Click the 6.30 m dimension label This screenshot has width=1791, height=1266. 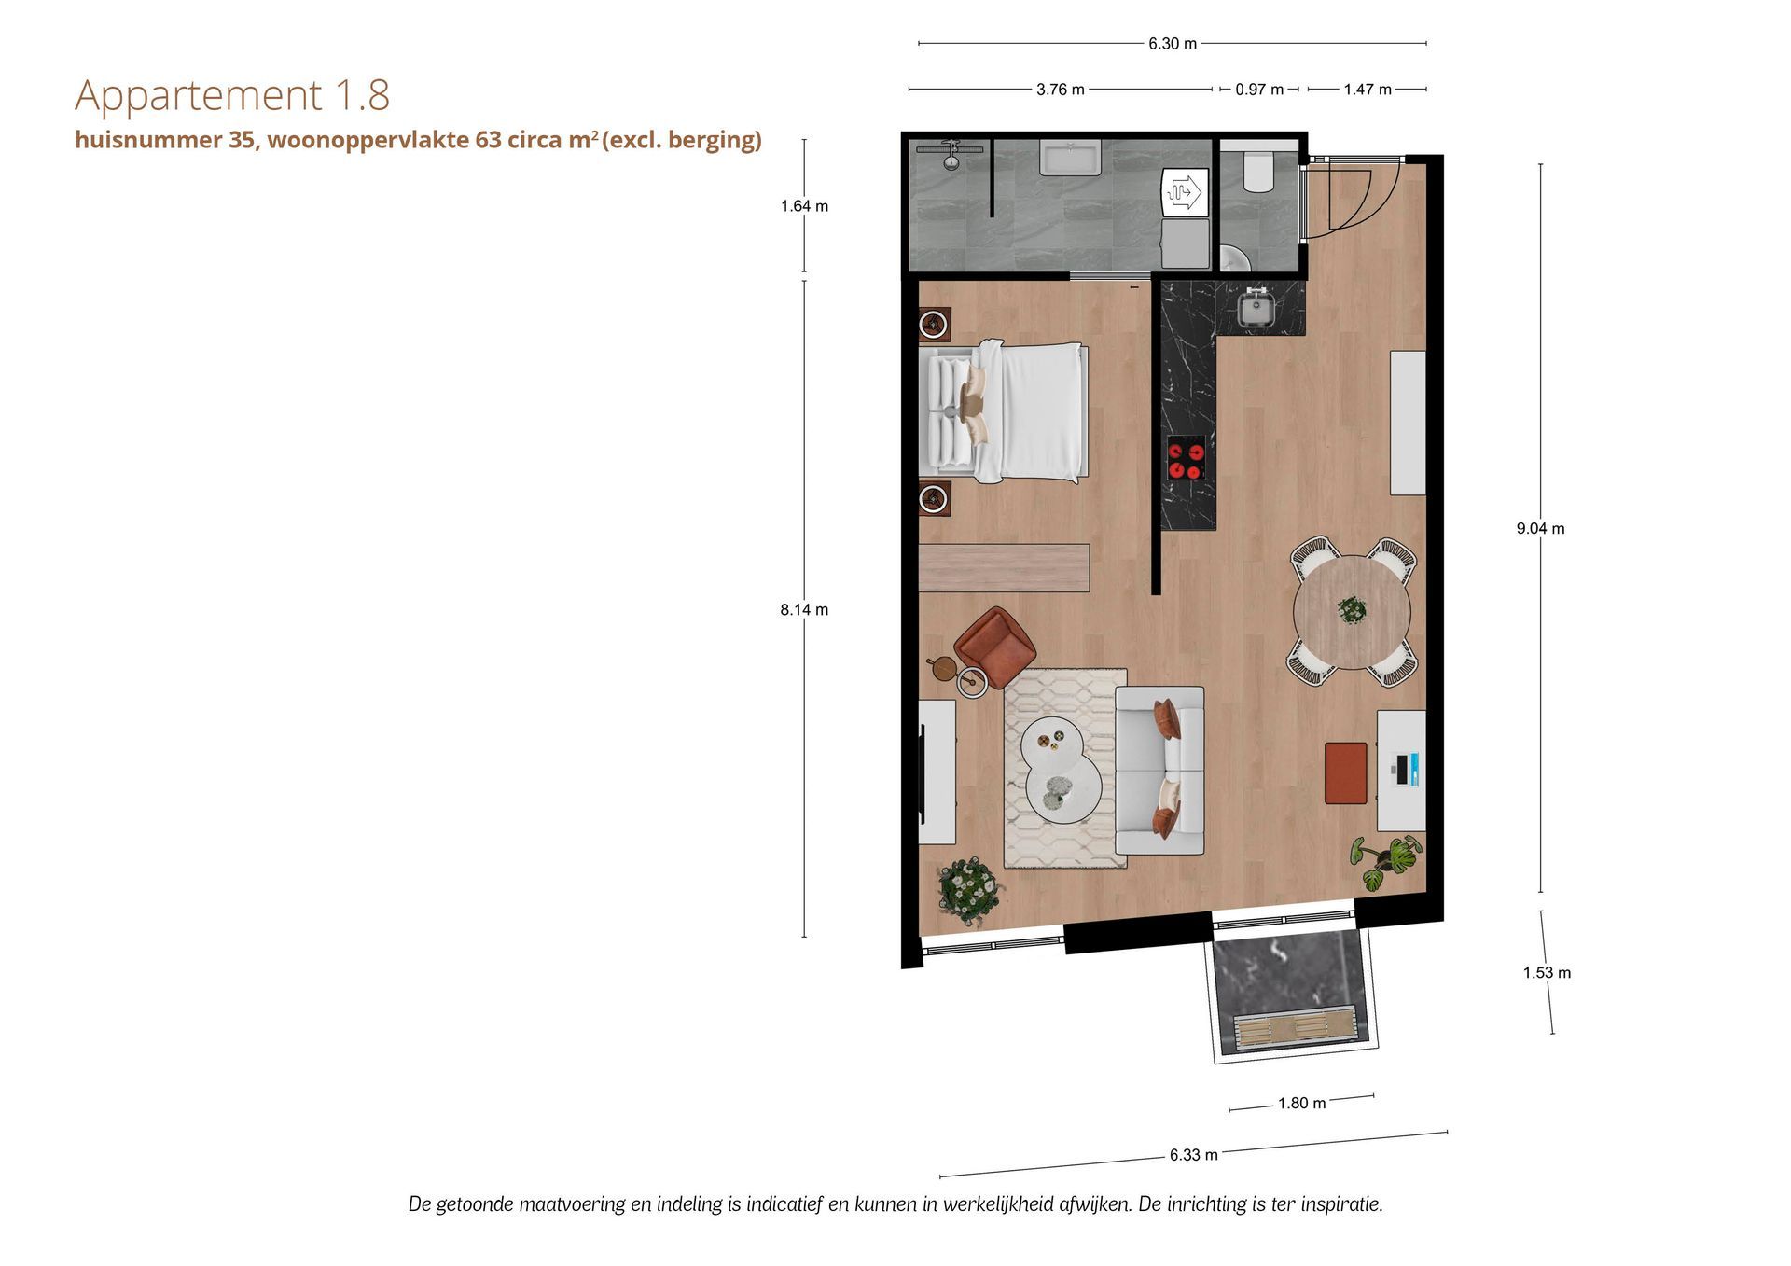(x=1173, y=44)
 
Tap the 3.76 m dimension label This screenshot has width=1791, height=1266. (x=1061, y=90)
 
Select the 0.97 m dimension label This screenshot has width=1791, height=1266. (x=1259, y=90)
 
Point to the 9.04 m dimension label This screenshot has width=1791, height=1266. (x=1540, y=528)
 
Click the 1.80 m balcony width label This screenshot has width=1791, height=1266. (x=1301, y=1103)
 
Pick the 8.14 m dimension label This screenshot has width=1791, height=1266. (x=804, y=609)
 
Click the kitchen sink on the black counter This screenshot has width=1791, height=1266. (x=1256, y=307)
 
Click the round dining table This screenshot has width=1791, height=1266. (x=1351, y=612)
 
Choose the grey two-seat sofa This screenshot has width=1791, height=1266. (x=1159, y=771)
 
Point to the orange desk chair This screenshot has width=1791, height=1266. (x=1346, y=772)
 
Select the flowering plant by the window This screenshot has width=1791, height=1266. (x=970, y=891)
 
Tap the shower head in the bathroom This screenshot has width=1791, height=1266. (x=950, y=153)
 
